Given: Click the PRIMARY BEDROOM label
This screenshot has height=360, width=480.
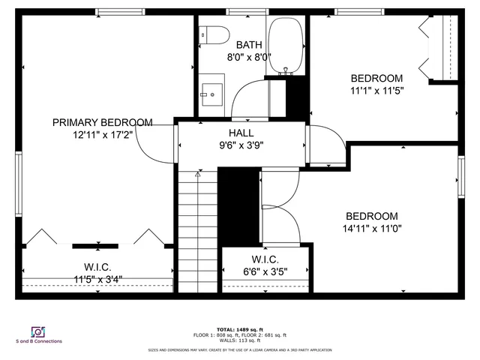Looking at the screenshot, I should (102, 122).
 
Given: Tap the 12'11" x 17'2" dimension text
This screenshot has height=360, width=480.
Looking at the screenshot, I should (102, 136).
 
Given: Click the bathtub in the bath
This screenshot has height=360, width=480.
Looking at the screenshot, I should (285, 44).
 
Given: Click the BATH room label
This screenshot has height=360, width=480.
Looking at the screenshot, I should (249, 44).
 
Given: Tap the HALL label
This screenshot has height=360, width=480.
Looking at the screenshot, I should (241, 133).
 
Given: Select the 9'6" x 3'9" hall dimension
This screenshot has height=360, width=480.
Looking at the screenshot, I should (241, 146).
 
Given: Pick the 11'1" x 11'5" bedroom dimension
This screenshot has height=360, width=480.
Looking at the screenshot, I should (376, 91).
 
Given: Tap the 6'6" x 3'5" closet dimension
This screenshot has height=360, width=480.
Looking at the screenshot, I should (265, 271).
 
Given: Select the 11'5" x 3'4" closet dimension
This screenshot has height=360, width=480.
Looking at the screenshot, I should (97, 279).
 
